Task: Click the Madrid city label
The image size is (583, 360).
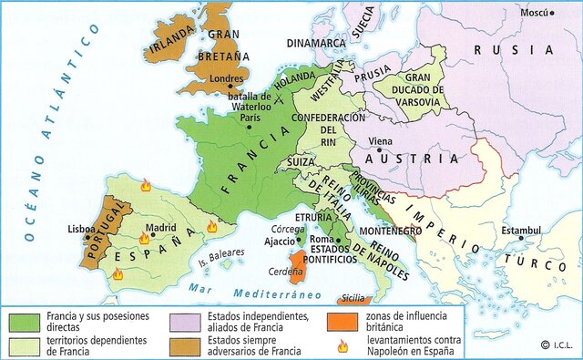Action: pyautogui.click(x=160, y=228)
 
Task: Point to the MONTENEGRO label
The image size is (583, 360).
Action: pyautogui.click(x=387, y=231)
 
